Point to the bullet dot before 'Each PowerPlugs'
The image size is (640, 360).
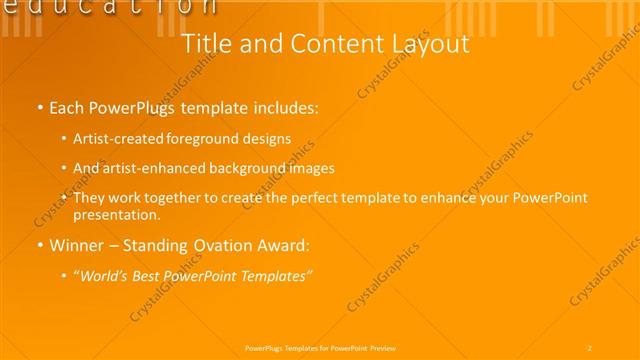point(39,106)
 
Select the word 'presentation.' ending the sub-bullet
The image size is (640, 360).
point(116,214)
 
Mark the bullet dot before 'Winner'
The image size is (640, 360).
point(39,245)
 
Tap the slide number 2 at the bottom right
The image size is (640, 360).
point(590,348)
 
